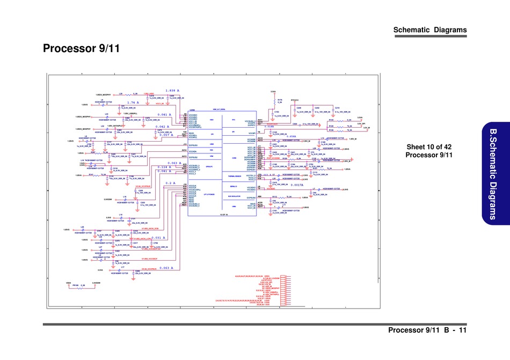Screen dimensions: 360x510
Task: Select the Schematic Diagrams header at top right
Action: click(430, 30)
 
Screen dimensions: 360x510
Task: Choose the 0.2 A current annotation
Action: click(172, 183)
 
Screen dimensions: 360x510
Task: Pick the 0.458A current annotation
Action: click(292, 137)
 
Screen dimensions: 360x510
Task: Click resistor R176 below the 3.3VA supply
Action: click(280, 100)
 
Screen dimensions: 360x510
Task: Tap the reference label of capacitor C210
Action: click(337, 108)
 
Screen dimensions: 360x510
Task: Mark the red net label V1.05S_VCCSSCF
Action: click(150, 259)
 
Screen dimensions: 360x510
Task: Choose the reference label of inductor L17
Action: click(123, 267)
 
